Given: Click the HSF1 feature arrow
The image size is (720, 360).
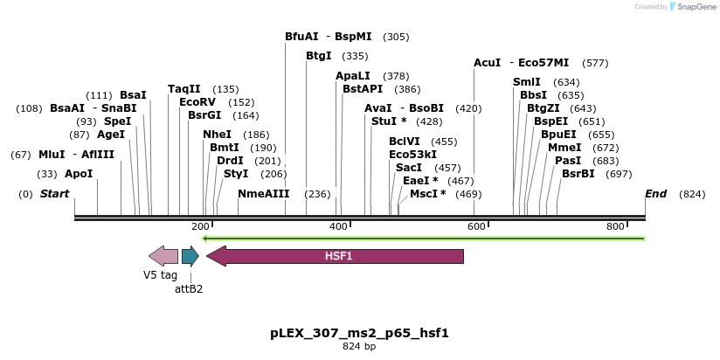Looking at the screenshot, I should tap(336, 256).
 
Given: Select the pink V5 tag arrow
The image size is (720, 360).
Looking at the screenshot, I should tap(163, 256).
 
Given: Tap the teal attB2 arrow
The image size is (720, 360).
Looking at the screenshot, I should tap(190, 256).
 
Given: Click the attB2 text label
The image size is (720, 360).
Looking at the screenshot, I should tap(189, 288).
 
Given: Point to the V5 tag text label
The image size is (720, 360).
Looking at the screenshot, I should tap(161, 274).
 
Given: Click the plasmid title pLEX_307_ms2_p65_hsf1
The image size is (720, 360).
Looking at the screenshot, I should tap(359, 333).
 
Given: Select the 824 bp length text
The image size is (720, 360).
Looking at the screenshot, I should tap(359, 347).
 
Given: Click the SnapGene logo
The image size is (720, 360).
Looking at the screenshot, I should tap(693, 7).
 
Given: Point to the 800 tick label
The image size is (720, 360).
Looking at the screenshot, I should tap(616, 226).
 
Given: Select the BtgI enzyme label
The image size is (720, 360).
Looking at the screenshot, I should tap(319, 56).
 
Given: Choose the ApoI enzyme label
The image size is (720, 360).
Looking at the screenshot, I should tap(79, 174).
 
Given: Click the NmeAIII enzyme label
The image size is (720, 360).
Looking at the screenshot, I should tap(264, 193).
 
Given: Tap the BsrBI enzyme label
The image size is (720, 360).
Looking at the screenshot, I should tap(578, 174).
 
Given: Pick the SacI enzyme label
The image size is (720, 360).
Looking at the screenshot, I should tap(409, 168).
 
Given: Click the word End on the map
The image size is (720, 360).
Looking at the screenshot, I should tap(655, 193).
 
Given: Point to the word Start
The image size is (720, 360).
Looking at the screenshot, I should tap(55, 193).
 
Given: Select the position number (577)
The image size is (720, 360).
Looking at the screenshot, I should tap(595, 63).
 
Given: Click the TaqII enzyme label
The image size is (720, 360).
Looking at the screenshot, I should tap(184, 89).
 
